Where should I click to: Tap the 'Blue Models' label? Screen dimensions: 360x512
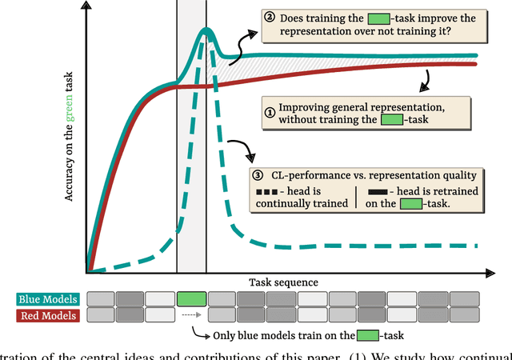tap(46, 299)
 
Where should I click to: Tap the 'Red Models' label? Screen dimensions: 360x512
tap(46, 314)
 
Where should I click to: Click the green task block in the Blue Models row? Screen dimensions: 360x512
tap(191, 299)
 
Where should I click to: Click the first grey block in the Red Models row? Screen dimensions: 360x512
tap(100, 314)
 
